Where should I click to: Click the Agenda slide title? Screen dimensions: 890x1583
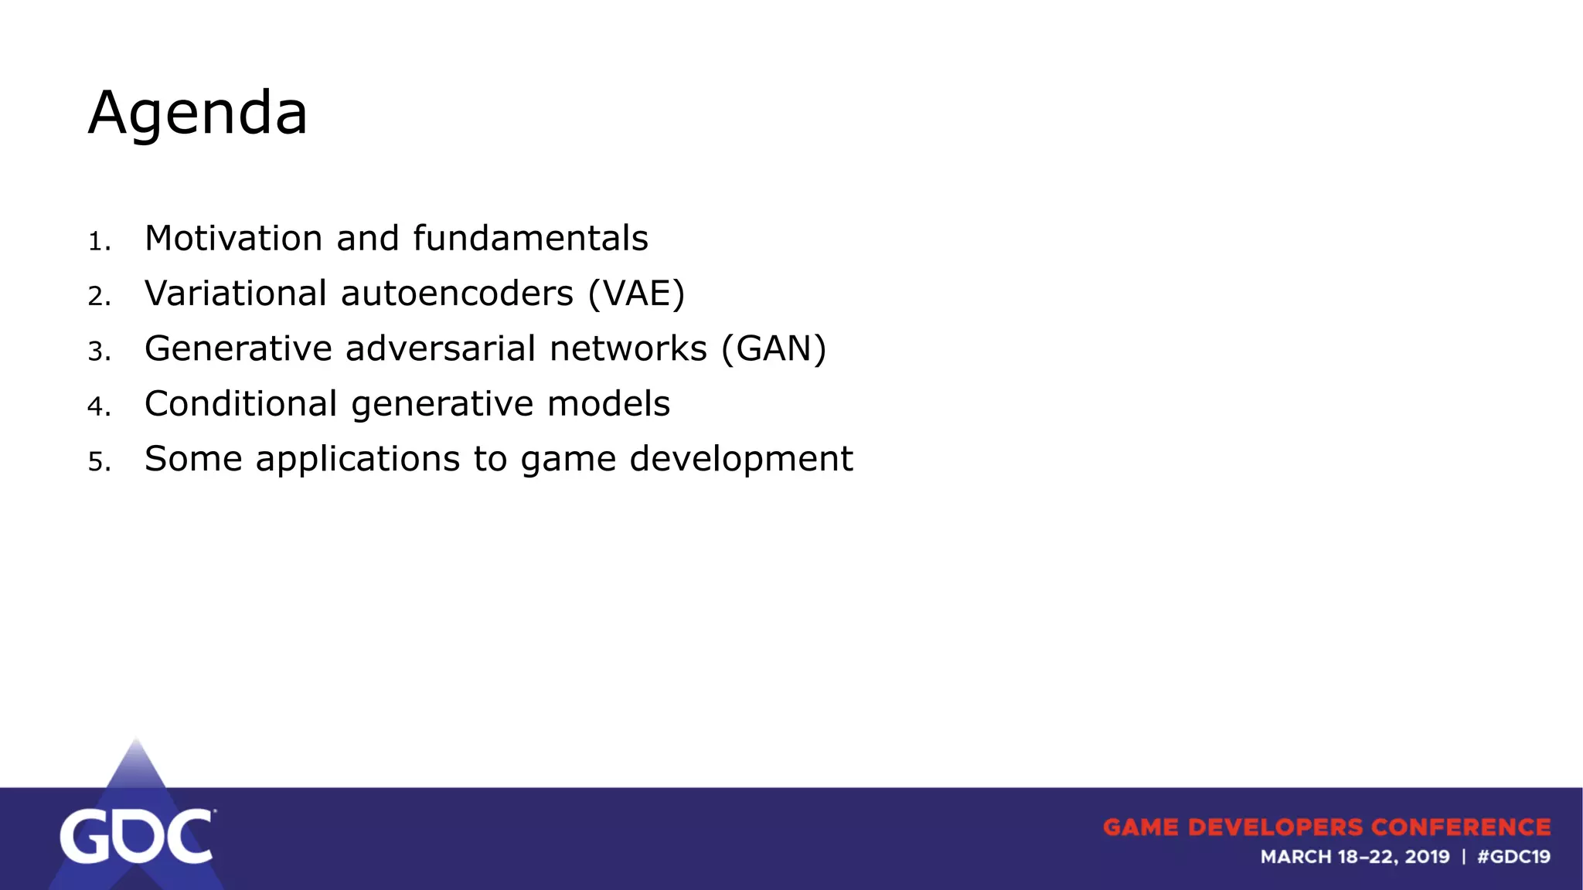(x=198, y=114)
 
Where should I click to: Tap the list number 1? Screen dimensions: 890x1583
(x=99, y=242)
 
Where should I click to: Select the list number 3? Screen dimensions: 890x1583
(x=99, y=352)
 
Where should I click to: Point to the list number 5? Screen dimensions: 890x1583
(x=99, y=462)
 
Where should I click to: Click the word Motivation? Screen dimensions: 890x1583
(x=233, y=238)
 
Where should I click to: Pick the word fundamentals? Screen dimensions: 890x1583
(x=530, y=238)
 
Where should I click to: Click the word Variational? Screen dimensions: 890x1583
(x=236, y=294)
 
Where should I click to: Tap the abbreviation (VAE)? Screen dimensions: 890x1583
(x=636, y=294)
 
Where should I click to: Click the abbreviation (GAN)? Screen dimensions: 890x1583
(x=774, y=348)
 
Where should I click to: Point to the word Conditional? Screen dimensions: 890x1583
(x=241, y=404)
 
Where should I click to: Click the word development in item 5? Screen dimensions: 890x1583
(x=741, y=460)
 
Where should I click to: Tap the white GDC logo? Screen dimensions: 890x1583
(x=136, y=836)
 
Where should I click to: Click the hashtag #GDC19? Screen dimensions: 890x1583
(x=1513, y=857)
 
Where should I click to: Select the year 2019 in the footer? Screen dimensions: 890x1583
(x=1427, y=857)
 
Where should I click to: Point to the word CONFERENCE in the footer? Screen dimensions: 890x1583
(x=1461, y=827)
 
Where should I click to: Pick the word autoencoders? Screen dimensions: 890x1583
(x=457, y=294)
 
